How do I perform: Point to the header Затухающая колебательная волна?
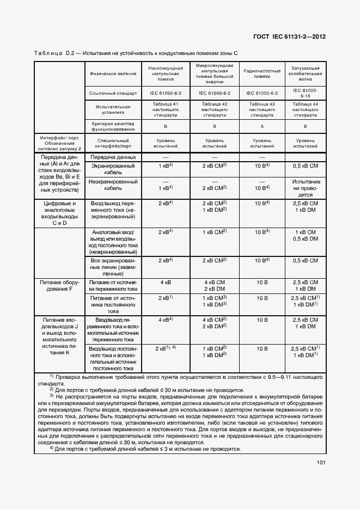tap(305, 73)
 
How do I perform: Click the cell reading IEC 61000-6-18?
tap(305, 93)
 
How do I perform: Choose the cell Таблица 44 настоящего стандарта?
tap(305, 109)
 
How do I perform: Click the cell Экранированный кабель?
tap(113, 168)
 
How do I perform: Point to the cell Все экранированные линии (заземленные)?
tap(113, 267)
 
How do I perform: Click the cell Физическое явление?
tap(113, 73)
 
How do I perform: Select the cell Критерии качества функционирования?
tap(113, 126)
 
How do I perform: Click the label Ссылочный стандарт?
tap(113, 93)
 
